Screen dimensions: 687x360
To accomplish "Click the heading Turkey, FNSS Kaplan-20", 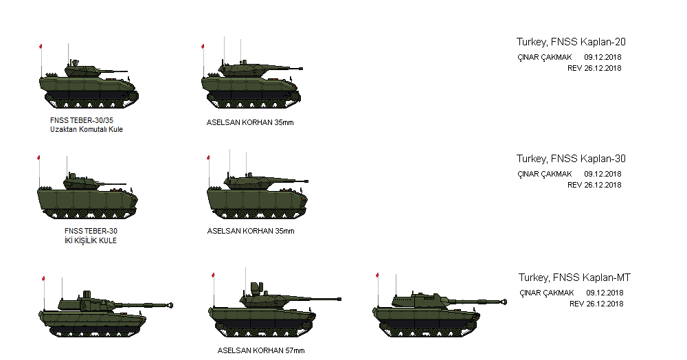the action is [571, 42].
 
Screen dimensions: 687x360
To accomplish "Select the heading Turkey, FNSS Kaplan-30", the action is [571, 159].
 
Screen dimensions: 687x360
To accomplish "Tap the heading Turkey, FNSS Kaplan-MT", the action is [574, 278].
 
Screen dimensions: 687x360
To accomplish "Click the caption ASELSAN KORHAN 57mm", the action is [261, 350].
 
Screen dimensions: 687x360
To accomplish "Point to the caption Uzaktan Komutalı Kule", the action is [87, 129].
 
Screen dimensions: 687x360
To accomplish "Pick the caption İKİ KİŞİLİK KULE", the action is [90, 240].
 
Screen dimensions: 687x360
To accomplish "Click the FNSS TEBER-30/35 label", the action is [82, 120].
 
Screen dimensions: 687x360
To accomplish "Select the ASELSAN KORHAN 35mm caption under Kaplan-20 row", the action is [250, 122].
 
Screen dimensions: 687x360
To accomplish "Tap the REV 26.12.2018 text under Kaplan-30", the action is [594, 185].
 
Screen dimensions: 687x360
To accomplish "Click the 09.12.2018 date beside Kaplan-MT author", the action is [605, 293].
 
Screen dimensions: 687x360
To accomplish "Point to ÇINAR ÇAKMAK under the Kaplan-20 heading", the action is [545, 57].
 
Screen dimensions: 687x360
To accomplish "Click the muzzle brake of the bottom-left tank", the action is [169, 305].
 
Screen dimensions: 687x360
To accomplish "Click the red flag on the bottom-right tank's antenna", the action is [376, 275].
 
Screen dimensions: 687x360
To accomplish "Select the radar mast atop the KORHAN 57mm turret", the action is [256, 288].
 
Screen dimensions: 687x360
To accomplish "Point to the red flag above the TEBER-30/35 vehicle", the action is [41, 46].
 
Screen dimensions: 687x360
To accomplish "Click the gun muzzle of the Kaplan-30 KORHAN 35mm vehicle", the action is [306, 181].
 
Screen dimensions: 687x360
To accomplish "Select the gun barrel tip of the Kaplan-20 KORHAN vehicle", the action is [301, 68].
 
